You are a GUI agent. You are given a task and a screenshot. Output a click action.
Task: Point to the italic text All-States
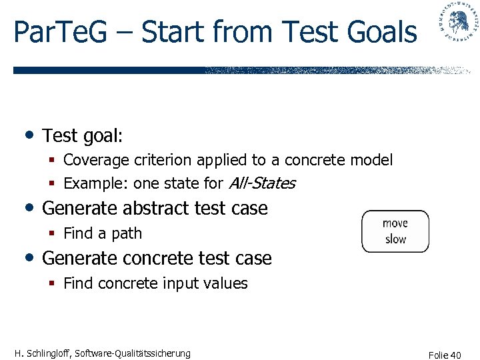coord(262,183)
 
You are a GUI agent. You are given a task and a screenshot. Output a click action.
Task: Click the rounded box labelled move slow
coord(395,231)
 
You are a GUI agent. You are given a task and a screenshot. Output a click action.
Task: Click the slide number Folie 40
coord(445,355)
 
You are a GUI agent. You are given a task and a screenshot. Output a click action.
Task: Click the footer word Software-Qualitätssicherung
coord(133,353)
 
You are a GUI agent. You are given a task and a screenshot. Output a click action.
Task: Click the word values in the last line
coord(226,283)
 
